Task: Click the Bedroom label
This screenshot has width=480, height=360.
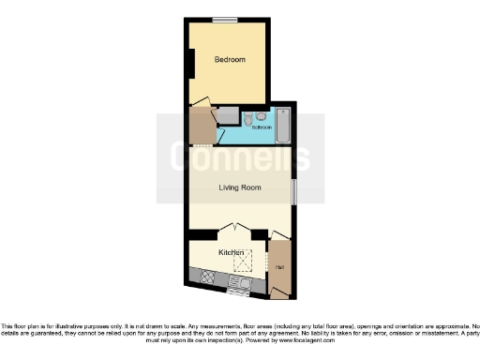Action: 230,60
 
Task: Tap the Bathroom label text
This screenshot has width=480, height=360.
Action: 261,127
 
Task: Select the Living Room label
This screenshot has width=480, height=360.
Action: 240,187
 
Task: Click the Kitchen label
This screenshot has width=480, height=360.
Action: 232,253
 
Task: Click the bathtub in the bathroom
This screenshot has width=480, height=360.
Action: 283,126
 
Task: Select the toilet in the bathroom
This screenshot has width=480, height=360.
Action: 247,117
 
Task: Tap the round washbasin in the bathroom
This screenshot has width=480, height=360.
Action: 261,116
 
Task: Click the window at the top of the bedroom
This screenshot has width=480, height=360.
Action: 225,20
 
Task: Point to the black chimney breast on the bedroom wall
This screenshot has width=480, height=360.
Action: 190,64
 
